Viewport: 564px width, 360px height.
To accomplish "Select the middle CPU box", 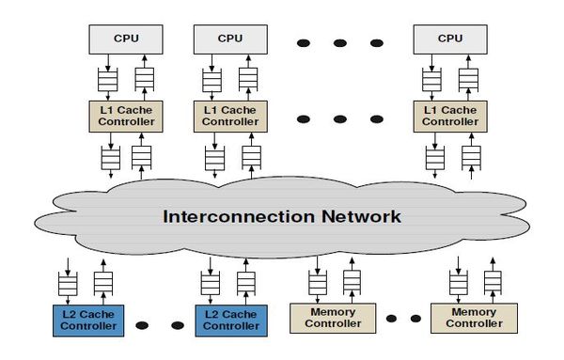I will [229, 39].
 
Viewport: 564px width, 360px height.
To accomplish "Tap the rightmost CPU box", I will [450, 39].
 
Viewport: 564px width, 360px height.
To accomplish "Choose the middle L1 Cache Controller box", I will [229, 117].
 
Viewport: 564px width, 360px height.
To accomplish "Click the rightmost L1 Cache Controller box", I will [450, 117].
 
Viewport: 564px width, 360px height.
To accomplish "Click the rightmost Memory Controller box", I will [474, 318].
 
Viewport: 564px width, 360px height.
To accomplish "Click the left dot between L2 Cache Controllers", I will [142, 325].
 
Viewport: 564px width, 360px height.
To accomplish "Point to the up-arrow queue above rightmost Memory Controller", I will [490, 280].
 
